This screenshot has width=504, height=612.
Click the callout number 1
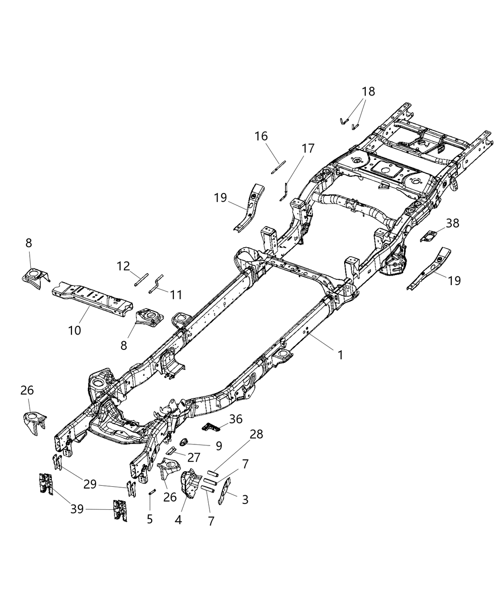click(x=340, y=355)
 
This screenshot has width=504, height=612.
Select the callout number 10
click(x=74, y=330)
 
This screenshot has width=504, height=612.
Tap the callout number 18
click(x=368, y=91)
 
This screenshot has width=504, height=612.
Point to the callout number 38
click(x=452, y=223)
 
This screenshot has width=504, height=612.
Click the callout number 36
click(x=236, y=419)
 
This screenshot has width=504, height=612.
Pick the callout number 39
click(x=77, y=509)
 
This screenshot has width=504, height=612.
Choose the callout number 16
click(x=261, y=136)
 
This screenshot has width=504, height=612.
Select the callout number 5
click(x=150, y=519)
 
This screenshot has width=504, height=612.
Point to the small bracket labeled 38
click(x=428, y=237)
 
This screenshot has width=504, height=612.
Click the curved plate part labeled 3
click(x=225, y=492)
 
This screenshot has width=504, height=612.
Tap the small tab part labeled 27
click(x=171, y=450)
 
